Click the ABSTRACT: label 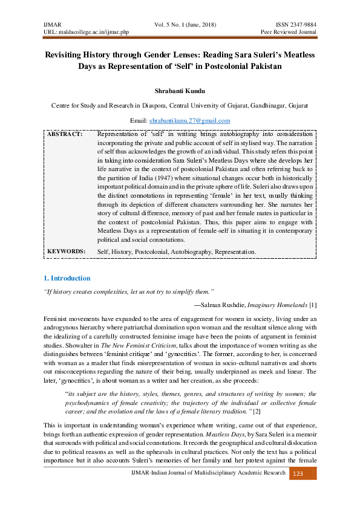coord(64,134)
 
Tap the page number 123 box coord(298,491)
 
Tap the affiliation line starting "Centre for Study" coord(180,105)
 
